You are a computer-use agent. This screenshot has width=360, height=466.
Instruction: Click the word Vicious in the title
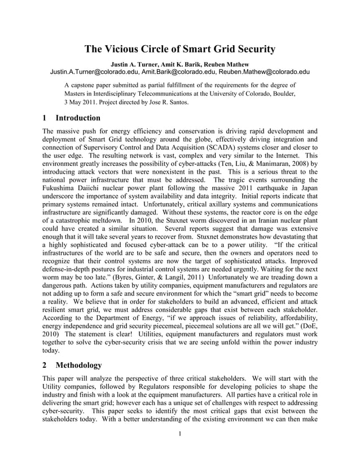click(x=124, y=49)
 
